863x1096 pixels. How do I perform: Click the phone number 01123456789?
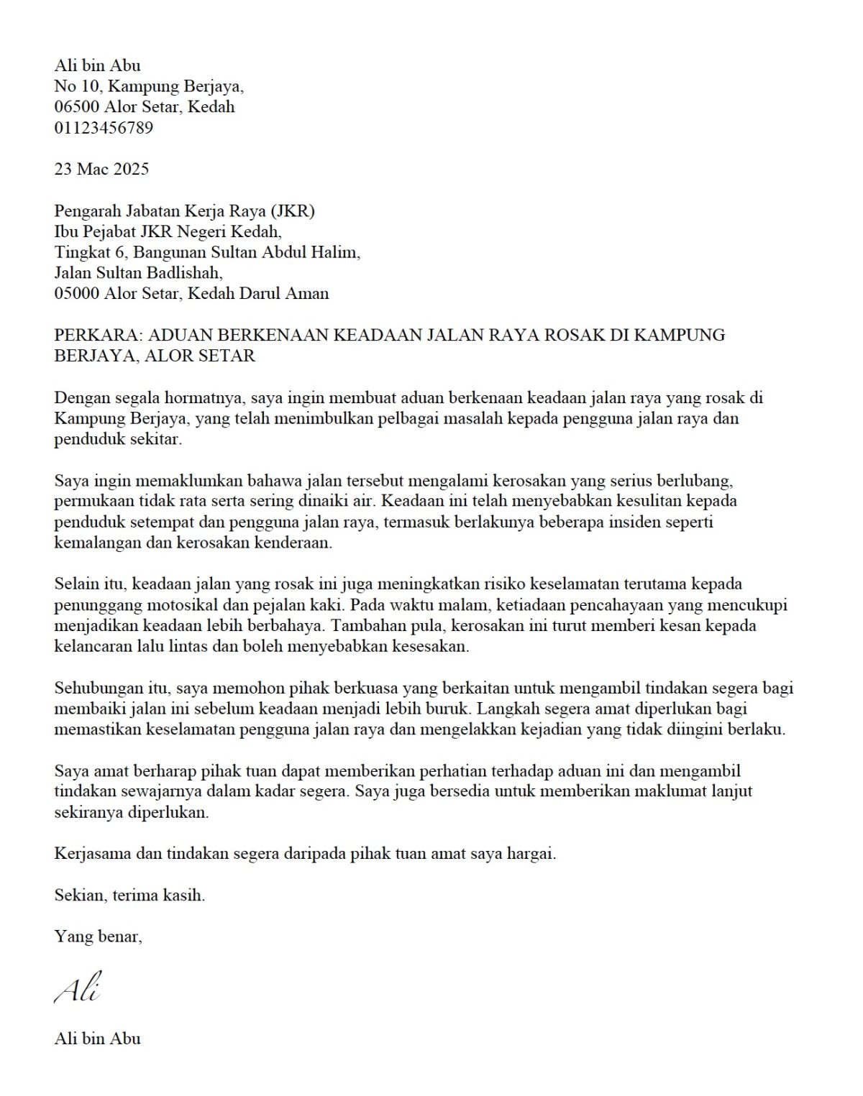tap(104, 128)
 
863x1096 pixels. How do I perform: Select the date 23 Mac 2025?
tap(101, 169)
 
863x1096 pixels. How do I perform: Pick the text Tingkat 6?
tap(91, 252)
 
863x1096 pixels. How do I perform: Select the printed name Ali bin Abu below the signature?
tap(97, 1038)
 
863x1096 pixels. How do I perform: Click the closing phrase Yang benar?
tap(98, 936)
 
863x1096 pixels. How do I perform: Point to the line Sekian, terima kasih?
tap(129, 895)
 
